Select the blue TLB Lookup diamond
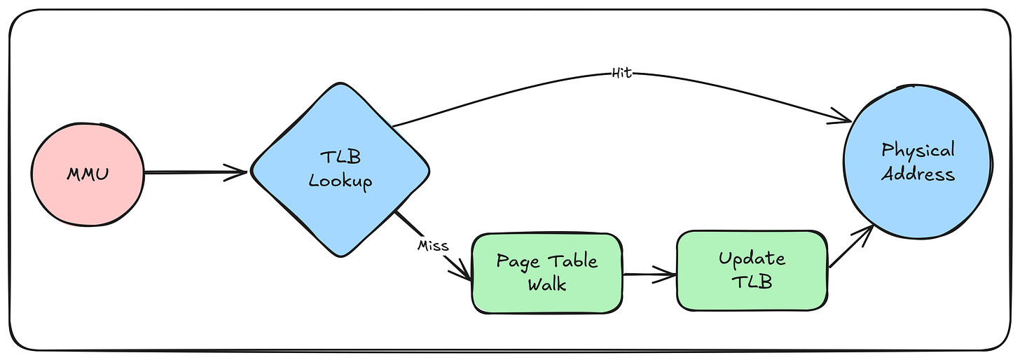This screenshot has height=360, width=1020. [x=340, y=170]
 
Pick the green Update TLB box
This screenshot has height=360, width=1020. [x=752, y=270]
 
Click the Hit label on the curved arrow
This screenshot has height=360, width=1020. [x=622, y=73]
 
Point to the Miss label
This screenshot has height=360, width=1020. [x=432, y=246]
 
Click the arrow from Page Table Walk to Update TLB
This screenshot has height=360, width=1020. [x=648, y=275]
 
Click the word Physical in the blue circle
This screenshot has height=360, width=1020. [x=918, y=150]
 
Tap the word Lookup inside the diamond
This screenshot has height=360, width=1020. [x=340, y=181]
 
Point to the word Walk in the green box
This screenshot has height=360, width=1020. [x=546, y=285]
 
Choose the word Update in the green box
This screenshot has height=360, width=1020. [x=752, y=258]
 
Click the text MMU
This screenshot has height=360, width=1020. [x=87, y=173]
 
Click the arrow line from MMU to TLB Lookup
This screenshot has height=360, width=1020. [x=189, y=172]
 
